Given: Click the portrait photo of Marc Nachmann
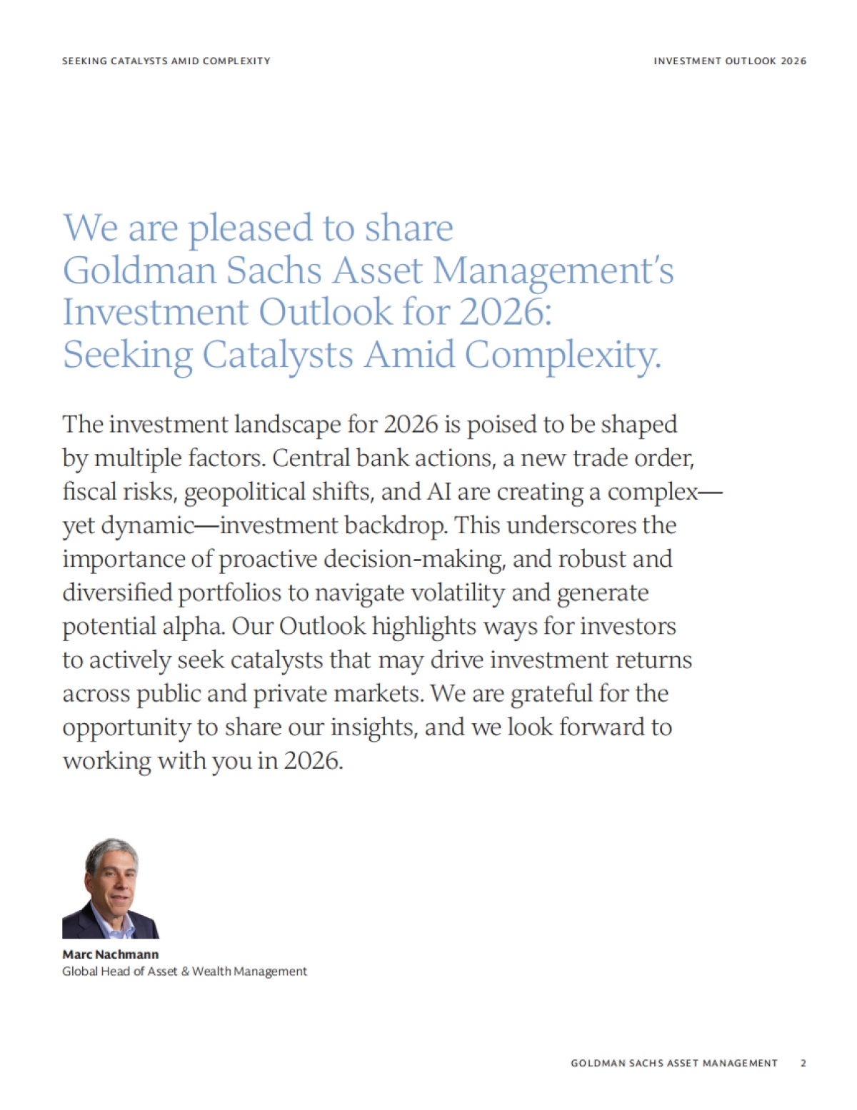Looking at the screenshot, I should tap(111, 888).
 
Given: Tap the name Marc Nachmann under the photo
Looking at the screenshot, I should tap(111, 954).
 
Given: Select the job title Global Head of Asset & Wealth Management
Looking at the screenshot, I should tap(184, 972).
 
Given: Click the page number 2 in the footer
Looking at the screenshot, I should tap(803, 1063).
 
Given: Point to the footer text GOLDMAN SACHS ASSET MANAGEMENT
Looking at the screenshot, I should tap(673, 1063).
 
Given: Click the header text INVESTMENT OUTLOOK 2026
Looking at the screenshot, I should tap(730, 61).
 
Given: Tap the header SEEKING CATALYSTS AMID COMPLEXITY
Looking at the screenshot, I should tap(166, 61).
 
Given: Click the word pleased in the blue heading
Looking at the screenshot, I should tap(250, 229).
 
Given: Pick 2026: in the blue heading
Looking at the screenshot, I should tap(506, 313).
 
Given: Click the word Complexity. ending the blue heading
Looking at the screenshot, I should tap(563, 355).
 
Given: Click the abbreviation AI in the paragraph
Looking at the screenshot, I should tap(438, 492).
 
